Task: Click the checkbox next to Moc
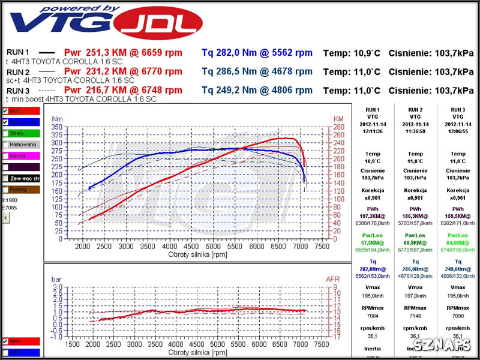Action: click(5, 111)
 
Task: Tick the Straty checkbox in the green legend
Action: click(5, 133)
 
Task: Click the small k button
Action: click(6, 217)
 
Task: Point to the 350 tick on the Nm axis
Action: click(57, 127)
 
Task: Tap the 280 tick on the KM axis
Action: click(339, 127)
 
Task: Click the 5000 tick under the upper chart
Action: click(213, 246)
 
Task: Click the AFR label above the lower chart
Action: click(333, 279)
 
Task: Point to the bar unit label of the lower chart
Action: click(56, 279)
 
